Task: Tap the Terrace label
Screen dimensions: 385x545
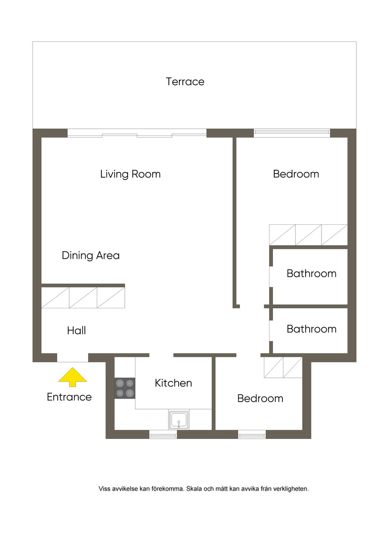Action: coord(185,82)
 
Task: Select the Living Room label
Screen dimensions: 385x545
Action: coord(130,174)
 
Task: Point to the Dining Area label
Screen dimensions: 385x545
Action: coord(91,256)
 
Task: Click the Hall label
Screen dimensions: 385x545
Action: coord(77,330)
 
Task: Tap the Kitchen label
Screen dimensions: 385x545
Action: coord(173,383)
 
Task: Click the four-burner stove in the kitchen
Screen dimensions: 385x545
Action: coord(125,388)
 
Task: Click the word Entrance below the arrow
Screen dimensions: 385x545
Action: coord(69,397)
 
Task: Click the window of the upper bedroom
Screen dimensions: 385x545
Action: coord(292,133)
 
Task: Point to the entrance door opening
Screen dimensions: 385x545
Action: coord(73,358)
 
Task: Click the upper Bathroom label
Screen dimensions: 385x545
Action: coord(312,274)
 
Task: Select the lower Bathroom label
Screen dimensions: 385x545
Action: coord(312,329)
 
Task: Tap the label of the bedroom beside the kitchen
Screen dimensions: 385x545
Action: coord(260,399)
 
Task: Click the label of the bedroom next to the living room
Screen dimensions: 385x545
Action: coord(296,174)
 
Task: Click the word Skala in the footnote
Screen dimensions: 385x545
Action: coord(194,489)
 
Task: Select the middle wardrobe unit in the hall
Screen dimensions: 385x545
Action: coord(83,298)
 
